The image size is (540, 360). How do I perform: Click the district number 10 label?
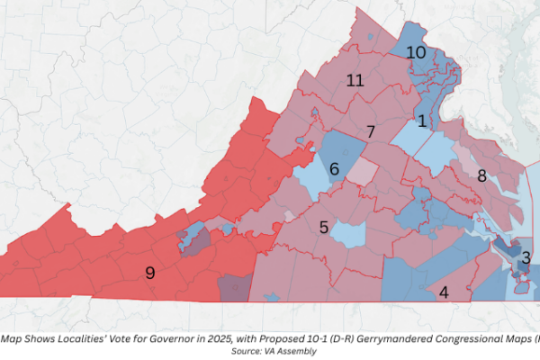(x=415, y=53)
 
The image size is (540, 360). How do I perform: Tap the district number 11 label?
(x=355, y=80)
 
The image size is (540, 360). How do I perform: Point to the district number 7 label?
(x=370, y=132)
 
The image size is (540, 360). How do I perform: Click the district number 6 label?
(x=334, y=168)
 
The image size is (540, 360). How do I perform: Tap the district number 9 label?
(x=150, y=272)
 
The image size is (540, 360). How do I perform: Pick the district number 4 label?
(x=443, y=292)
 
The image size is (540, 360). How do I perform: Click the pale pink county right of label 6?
(x=363, y=170)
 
